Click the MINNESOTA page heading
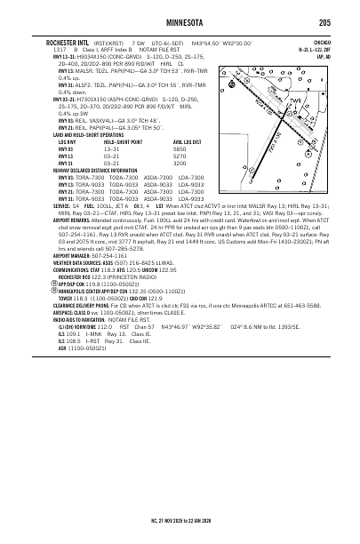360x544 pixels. tap(180, 21)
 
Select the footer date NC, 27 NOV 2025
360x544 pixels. tap(157, 517)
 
